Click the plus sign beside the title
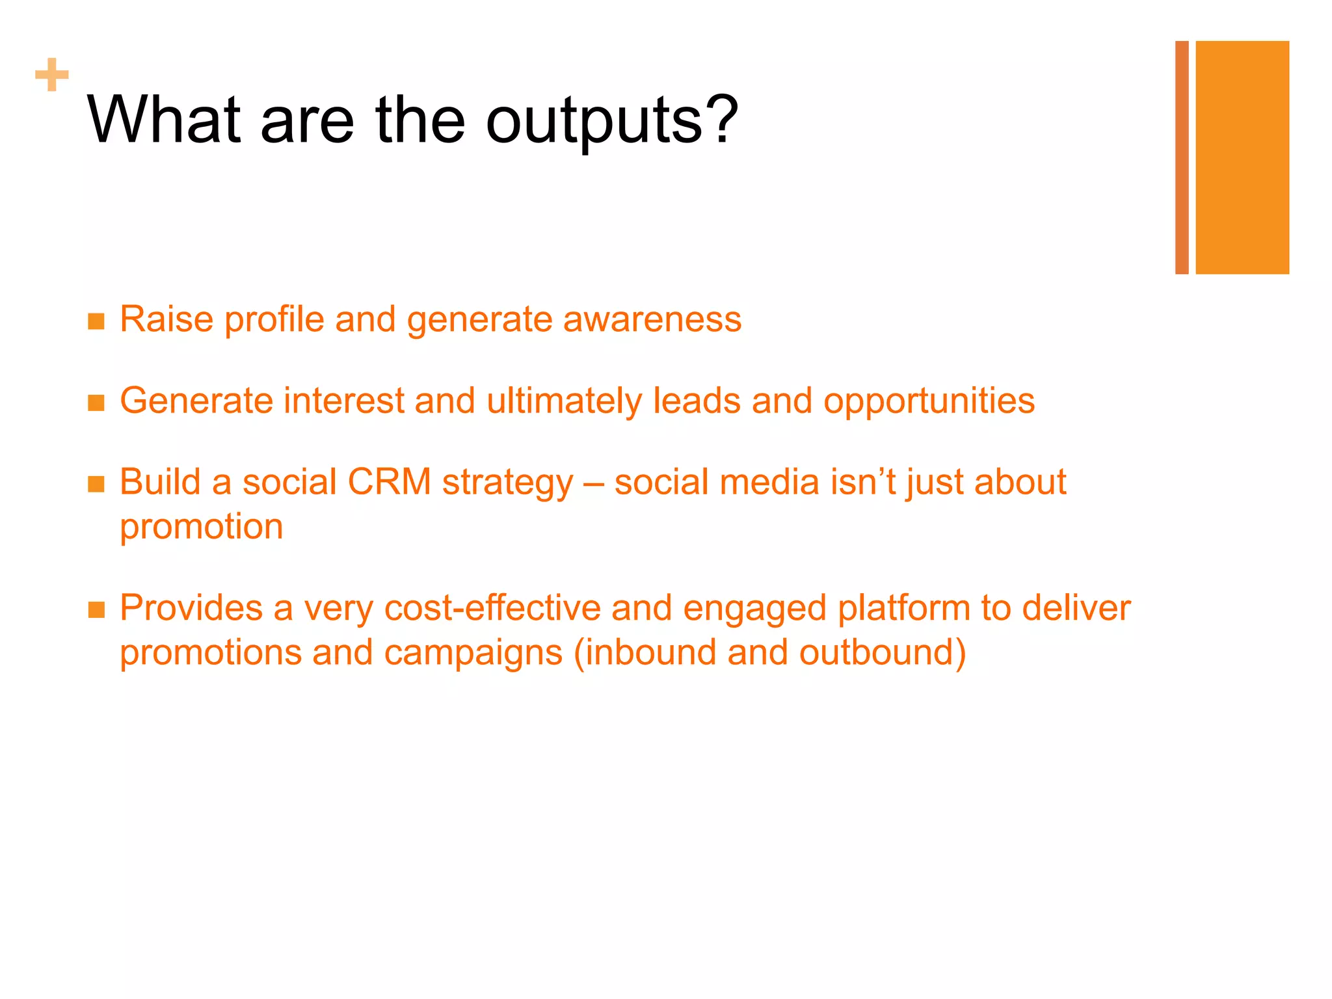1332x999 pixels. click(52, 75)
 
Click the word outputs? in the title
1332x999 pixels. click(611, 121)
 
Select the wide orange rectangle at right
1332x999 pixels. click(1242, 157)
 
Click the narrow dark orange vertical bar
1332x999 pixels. click(1182, 157)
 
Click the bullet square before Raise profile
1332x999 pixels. click(96, 321)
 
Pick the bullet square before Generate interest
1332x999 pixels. click(96, 403)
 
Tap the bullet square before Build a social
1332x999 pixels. click(96, 484)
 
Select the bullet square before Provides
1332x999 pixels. click(96, 609)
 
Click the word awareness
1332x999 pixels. click(652, 319)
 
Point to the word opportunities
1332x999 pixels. click(929, 402)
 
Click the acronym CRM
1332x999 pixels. click(389, 482)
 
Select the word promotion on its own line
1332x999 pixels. click(202, 527)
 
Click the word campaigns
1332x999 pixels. click(473, 654)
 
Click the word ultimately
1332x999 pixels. click(564, 402)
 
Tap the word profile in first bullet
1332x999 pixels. click(274, 320)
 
